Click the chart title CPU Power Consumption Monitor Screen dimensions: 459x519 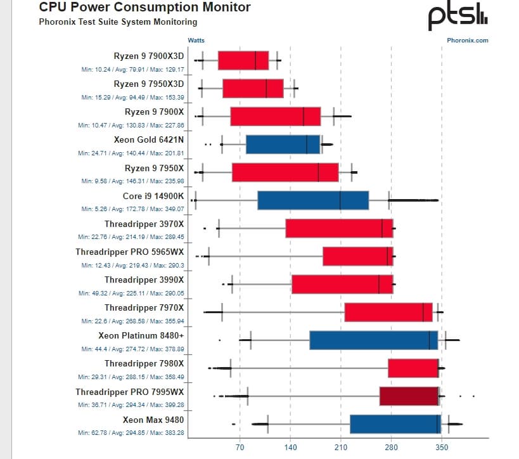pos(144,8)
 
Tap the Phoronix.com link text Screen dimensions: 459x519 pos(468,40)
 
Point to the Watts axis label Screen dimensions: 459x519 pos(196,40)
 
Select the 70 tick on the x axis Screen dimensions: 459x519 pos(240,447)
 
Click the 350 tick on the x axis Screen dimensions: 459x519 pos(442,447)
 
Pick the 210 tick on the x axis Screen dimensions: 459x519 pos(340,447)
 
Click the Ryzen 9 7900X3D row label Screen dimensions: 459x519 pos(149,56)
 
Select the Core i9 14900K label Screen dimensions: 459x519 pos(153,196)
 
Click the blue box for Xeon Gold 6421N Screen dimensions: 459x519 pos(283,145)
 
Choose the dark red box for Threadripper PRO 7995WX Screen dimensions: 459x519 pos(409,396)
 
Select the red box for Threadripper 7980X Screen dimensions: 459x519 pos(413,368)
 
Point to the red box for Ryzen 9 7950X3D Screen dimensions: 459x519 pos(253,88)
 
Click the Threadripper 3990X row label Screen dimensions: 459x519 pos(144,280)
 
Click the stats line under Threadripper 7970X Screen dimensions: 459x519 pos(131,321)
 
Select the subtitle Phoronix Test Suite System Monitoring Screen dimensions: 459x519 pos(118,22)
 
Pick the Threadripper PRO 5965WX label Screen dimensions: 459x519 pos(130,252)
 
